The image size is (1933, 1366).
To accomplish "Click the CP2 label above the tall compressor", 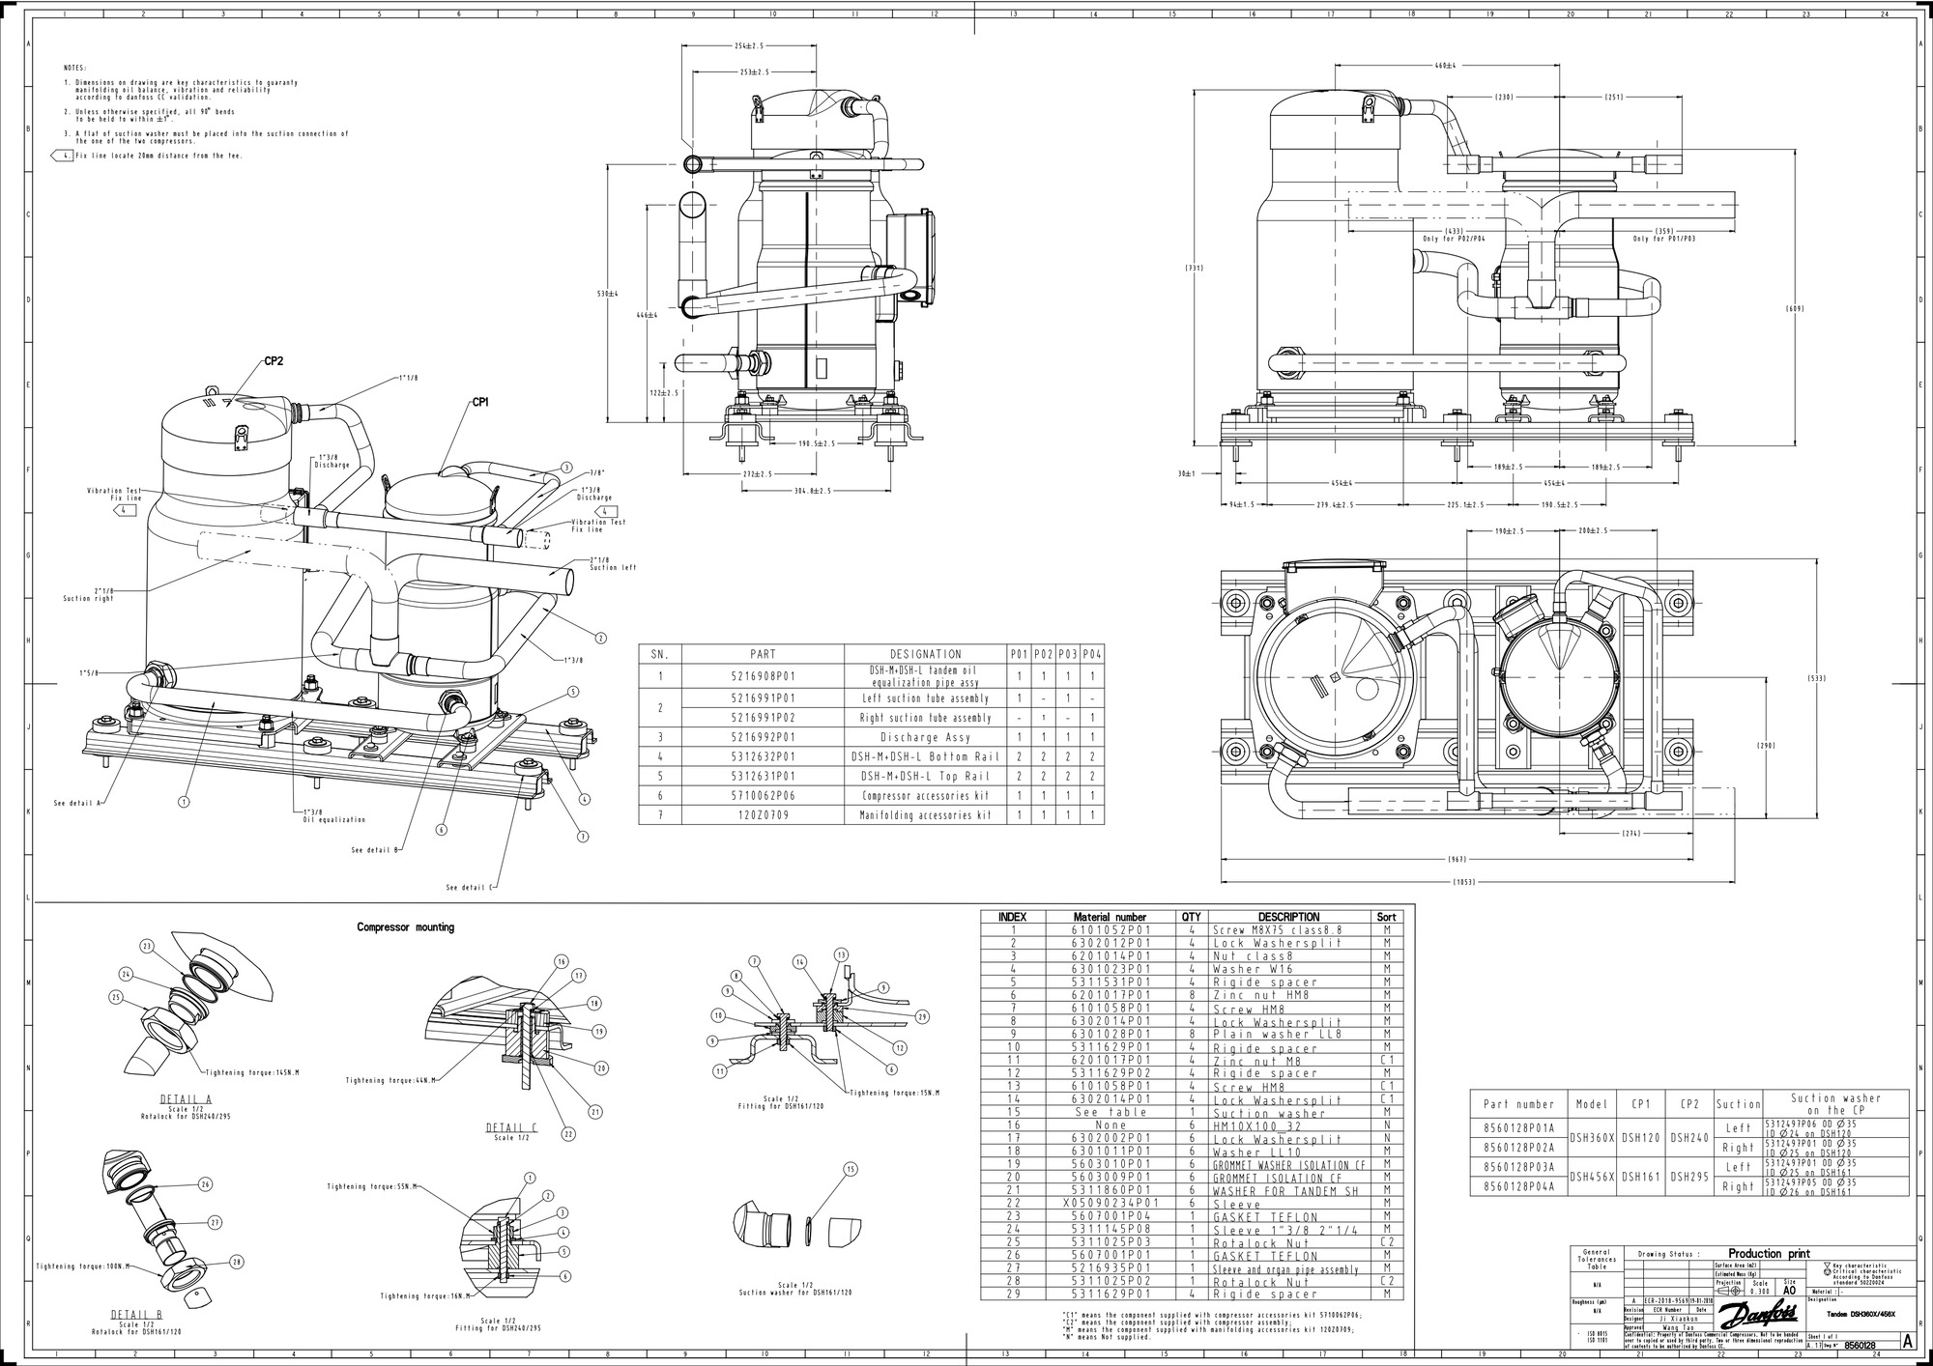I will click(x=274, y=361).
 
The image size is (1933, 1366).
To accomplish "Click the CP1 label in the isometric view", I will click(x=480, y=402).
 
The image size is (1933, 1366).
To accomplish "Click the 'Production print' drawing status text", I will click(x=1769, y=1253).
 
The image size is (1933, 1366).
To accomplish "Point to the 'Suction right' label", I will click(x=89, y=598).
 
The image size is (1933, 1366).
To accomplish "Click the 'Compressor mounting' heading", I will click(x=405, y=927).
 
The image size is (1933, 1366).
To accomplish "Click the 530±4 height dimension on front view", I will click(x=608, y=293).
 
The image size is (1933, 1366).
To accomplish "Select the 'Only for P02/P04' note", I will click(x=1453, y=239).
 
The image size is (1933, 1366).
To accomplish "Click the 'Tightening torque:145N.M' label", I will click(x=251, y=1072).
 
